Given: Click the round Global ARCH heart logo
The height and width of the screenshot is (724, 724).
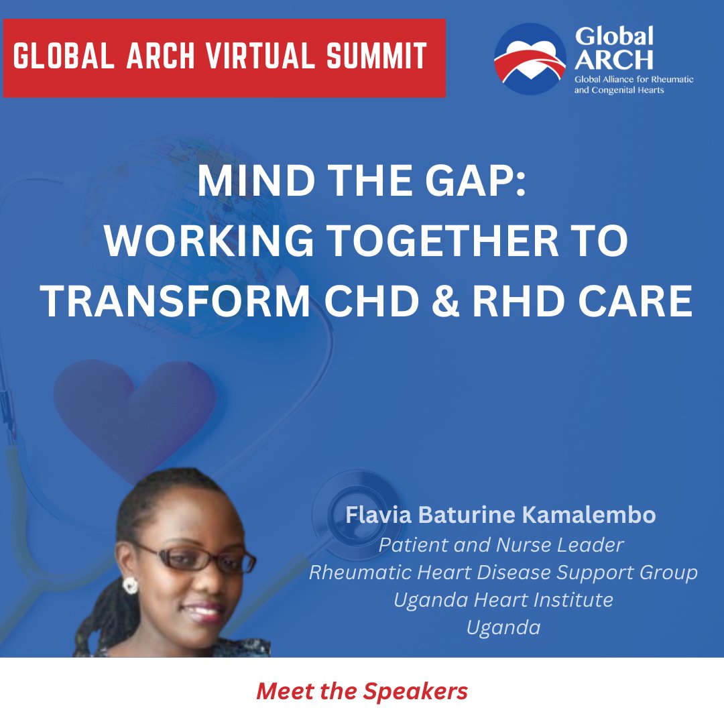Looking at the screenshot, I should click(530, 58).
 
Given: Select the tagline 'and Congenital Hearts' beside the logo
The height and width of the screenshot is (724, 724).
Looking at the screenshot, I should click(619, 90).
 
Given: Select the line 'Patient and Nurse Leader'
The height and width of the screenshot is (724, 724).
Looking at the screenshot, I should click(501, 545).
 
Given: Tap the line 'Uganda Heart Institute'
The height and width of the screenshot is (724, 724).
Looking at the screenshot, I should click(503, 599).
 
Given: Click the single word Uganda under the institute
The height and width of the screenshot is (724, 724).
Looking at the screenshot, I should click(503, 627).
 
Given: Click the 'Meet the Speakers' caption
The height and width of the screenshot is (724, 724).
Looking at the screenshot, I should click(362, 691).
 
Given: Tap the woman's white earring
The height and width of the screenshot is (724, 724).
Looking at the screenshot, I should click(129, 584).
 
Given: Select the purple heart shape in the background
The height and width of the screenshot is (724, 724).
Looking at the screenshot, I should click(134, 409).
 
